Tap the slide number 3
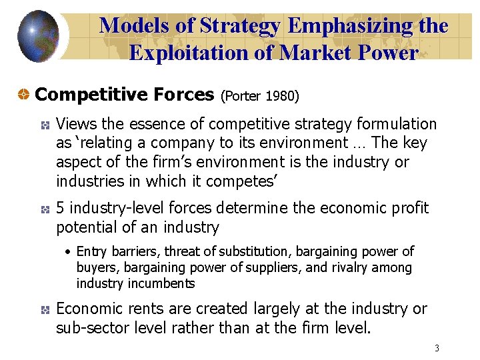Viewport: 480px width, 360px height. click(437, 348)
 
